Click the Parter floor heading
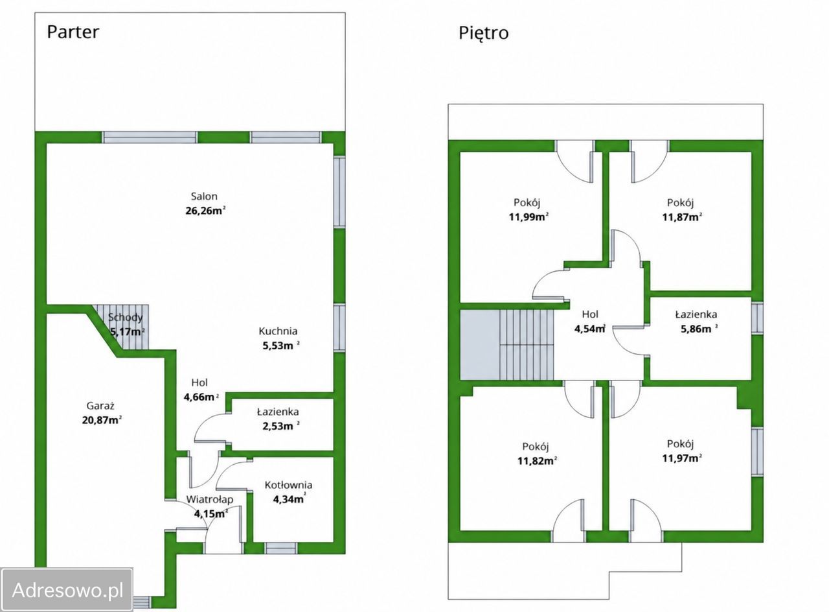(x=73, y=32)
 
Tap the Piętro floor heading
(x=484, y=33)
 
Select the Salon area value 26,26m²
(x=205, y=211)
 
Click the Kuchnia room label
(x=278, y=331)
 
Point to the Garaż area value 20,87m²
(x=102, y=420)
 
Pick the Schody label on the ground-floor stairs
(x=126, y=317)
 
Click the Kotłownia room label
(x=288, y=485)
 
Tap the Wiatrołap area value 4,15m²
(x=211, y=514)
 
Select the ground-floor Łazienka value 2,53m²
(x=281, y=426)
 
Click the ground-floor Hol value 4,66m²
(x=201, y=397)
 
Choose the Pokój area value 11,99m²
(x=528, y=217)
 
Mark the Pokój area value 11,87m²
(x=682, y=217)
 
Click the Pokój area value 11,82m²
(x=538, y=461)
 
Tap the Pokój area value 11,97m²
(x=682, y=458)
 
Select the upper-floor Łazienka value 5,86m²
(x=699, y=329)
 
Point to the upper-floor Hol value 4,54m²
(x=590, y=329)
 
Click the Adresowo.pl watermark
(x=67, y=590)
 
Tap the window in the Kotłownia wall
(x=281, y=548)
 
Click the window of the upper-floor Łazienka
(x=758, y=318)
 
